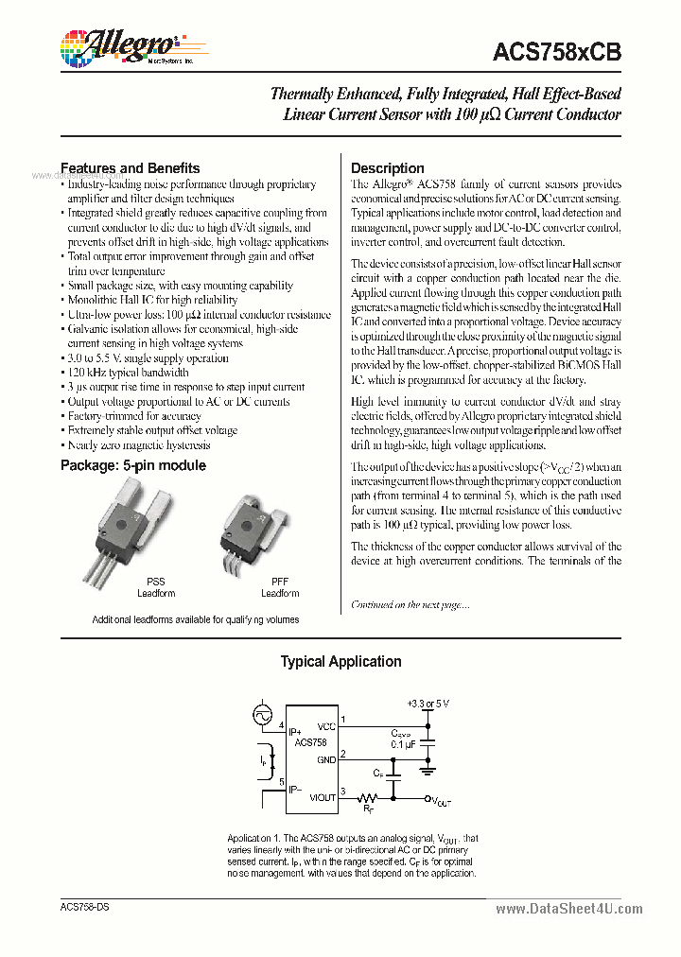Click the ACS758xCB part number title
[557, 54]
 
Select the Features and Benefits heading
[131, 168]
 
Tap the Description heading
[388, 168]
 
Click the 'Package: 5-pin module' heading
[133, 465]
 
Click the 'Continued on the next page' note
[410, 604]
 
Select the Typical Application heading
[340, 662]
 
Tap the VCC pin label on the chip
[326, 726]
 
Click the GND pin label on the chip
[326, 759]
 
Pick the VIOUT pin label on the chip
[323, 797]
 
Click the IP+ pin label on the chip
[296, 732]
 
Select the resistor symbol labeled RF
[369, 798]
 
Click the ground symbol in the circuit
[428, 768]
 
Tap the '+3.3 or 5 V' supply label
[428, 705]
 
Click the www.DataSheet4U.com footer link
[568, 909]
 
